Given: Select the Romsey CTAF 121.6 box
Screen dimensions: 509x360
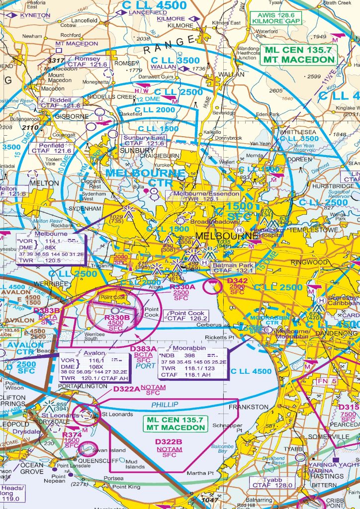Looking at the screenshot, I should (x=90, y=62).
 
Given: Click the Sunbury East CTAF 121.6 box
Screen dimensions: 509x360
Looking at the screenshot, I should (x=145, y=141).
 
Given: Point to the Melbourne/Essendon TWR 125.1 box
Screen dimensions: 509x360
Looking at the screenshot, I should (x=204, y=196).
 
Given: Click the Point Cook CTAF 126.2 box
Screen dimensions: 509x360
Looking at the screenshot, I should (x=187, y=316).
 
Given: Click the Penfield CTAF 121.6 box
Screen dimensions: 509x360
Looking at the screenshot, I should (x=48, y=148).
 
